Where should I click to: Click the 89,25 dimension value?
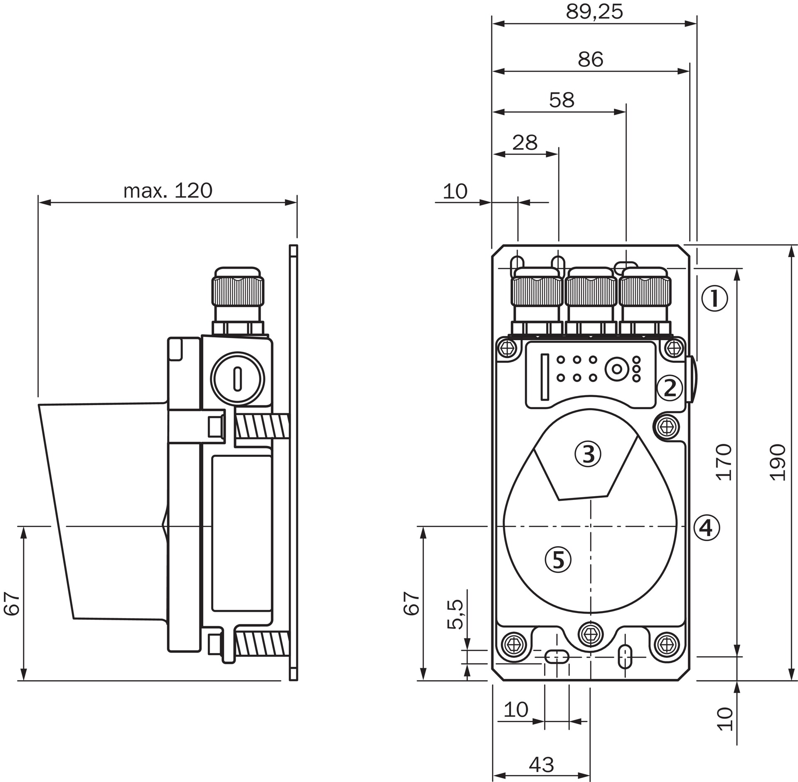click(x=594, y=12)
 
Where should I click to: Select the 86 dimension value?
click(x=590, y=59)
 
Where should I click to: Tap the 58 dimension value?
click(x=562, y=100)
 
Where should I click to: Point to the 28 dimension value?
click(x=525, y=143)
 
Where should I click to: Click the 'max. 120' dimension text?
click(x=168, y=191)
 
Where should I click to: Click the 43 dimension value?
click(x=542, y=765)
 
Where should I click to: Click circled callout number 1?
click(x=715, y=298)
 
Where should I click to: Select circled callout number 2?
click(x=670, y=388)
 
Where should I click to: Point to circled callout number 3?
click(x=588, y=454)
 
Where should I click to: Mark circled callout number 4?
click(x=706, y=528)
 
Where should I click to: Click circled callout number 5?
click(x=558, y=559)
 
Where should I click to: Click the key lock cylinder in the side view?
click(x=237, y=379)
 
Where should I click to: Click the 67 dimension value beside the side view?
click(x=12, y=603)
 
